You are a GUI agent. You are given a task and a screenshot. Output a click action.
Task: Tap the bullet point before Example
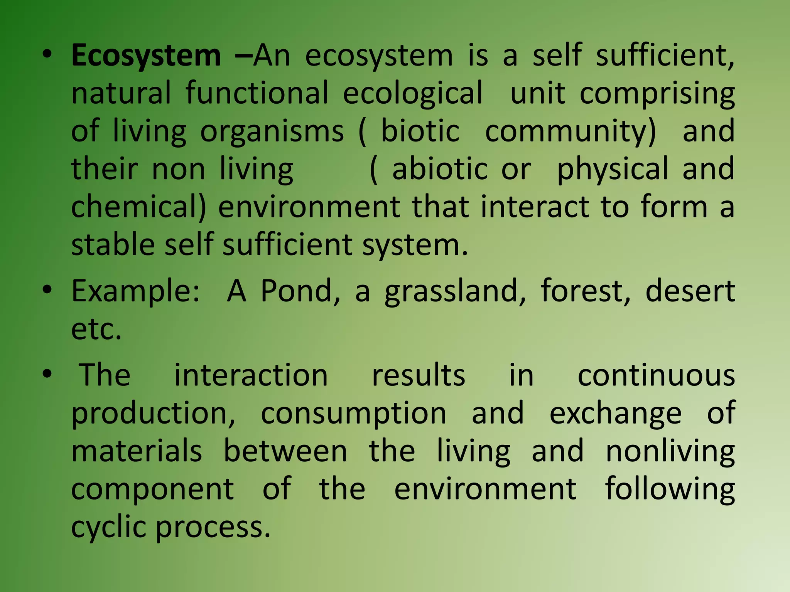pos(47,290)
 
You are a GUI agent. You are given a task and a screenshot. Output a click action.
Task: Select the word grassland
pos(455,291)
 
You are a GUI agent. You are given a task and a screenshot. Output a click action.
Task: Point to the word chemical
pos(139,207)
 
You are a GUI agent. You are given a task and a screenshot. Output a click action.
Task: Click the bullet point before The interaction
pos(47,374)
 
